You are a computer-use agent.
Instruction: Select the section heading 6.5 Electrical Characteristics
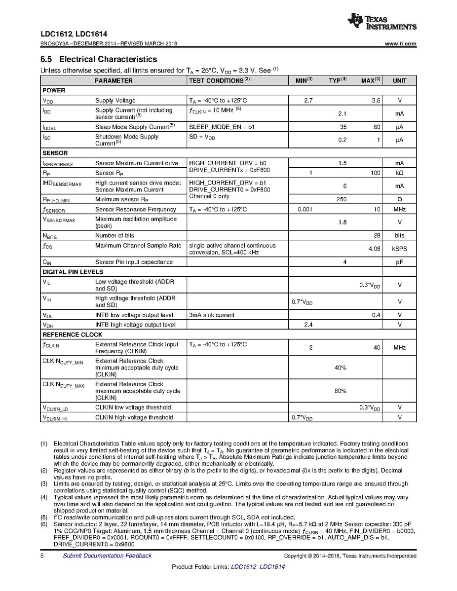tap(99, 59)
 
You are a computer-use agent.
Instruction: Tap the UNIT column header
tap(399, 80)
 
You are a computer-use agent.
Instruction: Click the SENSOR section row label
tap(55, 153)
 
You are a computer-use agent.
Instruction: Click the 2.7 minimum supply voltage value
tap(308, 101)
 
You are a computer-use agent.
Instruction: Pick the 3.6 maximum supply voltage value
tap(376, 101)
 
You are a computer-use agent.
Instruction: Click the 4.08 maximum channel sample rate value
tap(375, 249)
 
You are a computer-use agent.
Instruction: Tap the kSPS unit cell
tap(399, 249)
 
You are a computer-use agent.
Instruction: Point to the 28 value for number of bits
tap(377, 236)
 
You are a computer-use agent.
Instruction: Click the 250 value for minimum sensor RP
tap(342, 200)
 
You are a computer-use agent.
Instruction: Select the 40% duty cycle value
tap(341, 368)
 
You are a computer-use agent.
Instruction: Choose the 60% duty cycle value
tap(341, 391)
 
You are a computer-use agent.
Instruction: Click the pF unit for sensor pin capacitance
tap(399, 262)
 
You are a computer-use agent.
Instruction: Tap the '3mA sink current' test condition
tap(212, 315)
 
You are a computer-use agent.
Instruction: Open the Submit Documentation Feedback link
tap(107, 556)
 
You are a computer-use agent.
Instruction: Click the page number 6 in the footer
tap(42, 556)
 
